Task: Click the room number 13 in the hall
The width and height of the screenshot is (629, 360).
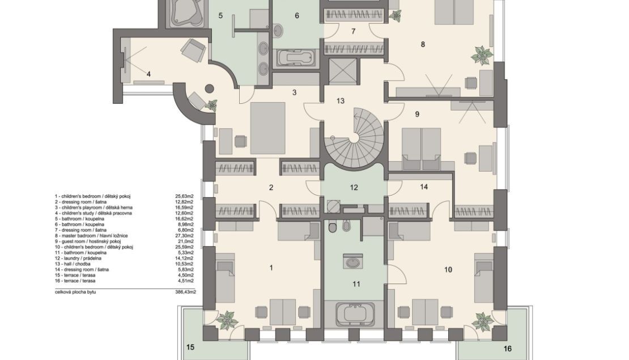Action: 340,101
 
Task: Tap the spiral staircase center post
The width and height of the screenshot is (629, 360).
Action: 354,138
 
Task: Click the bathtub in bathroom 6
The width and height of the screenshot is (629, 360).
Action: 296,57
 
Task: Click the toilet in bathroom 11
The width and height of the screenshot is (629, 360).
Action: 333,227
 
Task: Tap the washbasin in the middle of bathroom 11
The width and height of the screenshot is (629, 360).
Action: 354,262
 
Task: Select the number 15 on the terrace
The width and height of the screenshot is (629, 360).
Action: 190,347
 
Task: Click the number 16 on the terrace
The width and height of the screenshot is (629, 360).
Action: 508,349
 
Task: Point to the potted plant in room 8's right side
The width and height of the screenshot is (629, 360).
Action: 481,55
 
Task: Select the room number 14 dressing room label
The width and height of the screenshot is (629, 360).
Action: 424,187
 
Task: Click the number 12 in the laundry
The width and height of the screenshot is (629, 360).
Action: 354,188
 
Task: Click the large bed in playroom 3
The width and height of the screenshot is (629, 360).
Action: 267,128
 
